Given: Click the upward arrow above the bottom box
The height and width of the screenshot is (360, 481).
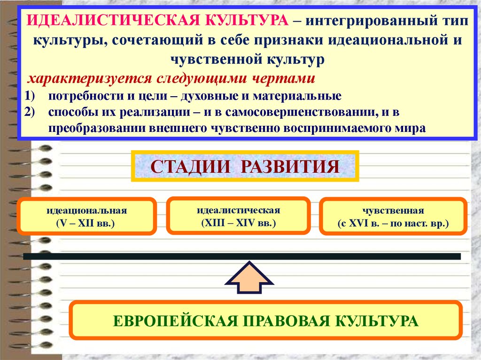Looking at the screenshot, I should point(249,281).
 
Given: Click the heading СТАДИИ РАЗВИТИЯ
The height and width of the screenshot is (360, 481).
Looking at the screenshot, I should point(245,167).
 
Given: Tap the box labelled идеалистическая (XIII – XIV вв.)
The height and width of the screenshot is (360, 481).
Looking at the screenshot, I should point(238,215).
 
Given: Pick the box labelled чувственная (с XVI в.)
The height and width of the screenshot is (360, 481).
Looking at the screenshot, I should point(393,216).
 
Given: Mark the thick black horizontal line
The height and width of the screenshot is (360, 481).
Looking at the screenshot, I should point(242,256).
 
